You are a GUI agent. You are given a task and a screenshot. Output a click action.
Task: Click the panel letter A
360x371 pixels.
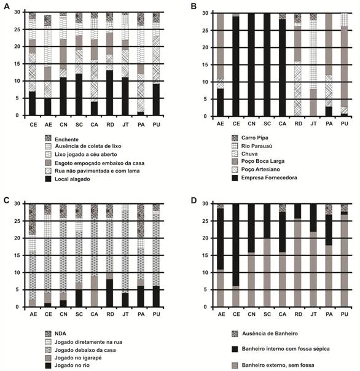tap(7, 6)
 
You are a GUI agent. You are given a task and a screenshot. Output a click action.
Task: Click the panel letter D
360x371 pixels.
tap(194, 200)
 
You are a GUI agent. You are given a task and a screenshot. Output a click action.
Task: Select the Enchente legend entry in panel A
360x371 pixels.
tap(62, 139)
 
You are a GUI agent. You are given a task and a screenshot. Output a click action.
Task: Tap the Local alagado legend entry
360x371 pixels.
tap(68, 179)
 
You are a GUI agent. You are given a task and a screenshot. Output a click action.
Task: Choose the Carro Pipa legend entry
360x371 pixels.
tap(250, 138)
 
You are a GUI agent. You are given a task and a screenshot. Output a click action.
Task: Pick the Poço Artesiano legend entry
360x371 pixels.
tap(256, 170)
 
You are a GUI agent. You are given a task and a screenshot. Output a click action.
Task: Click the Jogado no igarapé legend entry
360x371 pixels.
tap(73, 357)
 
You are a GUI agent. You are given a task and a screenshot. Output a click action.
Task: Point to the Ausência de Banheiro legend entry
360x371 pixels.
tap(265, 334)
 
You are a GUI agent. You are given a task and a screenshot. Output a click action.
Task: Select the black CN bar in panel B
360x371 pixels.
tap(251, 64)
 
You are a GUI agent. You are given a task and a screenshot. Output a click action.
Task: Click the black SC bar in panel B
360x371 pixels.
tap(267, 64)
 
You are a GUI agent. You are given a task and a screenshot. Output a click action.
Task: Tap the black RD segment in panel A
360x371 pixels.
tap(110, 93)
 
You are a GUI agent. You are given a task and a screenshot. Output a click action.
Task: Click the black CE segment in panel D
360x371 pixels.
tap(236, 245)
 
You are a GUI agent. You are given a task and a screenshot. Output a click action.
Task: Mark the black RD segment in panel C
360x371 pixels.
tap(110, 293)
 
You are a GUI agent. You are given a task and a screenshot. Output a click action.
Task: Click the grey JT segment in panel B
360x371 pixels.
tap(313, 103)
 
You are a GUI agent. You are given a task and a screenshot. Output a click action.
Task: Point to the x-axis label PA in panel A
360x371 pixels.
tap(141, 125)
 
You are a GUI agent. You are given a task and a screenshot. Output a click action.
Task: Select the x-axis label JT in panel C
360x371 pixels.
tap(125, 314)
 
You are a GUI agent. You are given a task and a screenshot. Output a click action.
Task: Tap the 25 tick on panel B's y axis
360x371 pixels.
tap(205, 31)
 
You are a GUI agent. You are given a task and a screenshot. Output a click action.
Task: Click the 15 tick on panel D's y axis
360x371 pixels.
tap(205, 256)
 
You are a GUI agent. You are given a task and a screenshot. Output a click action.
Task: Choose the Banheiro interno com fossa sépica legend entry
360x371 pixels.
tap(281, 349)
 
